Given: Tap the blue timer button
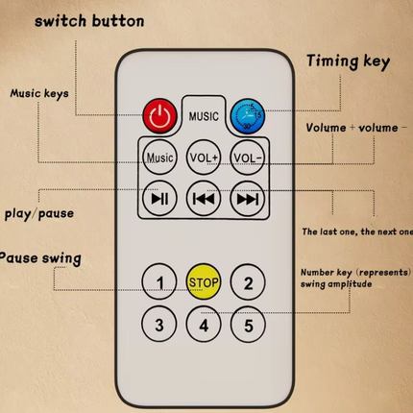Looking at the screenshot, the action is point(248,115).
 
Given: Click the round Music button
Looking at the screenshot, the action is point(159,157).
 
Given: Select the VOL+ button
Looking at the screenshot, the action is point(204,158).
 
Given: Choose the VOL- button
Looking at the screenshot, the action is point(248,158).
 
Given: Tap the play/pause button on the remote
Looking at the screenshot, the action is point(159,199).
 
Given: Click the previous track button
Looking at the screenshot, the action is point(204,199).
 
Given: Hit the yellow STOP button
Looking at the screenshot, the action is point(204,281).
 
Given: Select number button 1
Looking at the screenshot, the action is point(159,281).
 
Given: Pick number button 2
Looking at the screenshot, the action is point(248,282).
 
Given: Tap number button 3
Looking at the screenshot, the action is point(159,324).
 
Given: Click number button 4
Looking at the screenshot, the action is point(204,325).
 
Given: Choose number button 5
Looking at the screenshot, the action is point(248,325).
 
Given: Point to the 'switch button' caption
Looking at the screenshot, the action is point(89,21).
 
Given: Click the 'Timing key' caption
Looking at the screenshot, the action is point(348,61).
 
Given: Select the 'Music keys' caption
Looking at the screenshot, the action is point(39,93).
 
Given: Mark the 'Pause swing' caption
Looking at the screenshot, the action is point(39,258).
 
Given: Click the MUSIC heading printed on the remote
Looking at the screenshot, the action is point(204,116).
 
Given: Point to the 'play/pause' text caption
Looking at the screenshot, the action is point(39,214).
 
